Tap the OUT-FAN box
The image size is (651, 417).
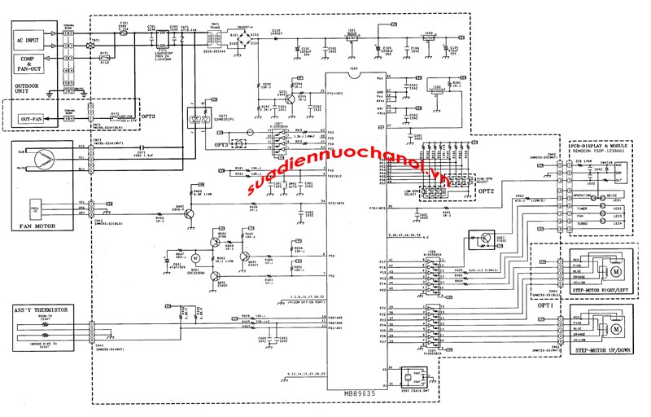32,119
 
